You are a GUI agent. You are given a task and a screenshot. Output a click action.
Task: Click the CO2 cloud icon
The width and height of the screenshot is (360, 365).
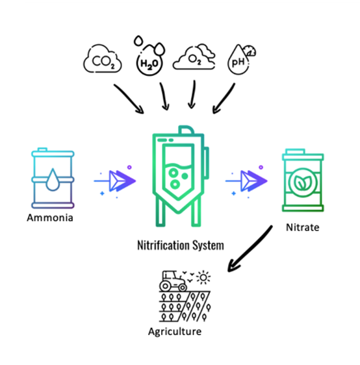[103, 58]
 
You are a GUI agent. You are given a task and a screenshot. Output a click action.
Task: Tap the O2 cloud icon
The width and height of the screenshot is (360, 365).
[194, 57]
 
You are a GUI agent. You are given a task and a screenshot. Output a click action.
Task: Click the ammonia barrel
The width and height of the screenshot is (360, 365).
[53, 178]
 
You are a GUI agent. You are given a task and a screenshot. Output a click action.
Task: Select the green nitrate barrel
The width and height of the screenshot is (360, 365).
[303, 181]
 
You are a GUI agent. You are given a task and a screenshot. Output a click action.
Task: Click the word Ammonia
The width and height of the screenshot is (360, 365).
[50, 218]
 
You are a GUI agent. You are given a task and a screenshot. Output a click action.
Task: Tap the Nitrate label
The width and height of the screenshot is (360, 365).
[302, 227]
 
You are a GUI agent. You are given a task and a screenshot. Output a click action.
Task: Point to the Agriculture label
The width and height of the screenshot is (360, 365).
[175, 332]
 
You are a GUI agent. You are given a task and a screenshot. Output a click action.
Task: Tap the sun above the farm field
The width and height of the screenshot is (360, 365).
[203, 277]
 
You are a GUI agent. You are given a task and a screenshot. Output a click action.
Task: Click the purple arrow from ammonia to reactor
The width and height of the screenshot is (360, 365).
[115, 181]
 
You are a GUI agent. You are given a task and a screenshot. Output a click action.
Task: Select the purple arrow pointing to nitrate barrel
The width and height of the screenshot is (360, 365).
[246, 181]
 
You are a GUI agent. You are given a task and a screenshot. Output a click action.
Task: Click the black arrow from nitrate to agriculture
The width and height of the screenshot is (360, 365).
[250, 249]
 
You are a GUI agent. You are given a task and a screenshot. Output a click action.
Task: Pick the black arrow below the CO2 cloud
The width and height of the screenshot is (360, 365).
[129, 99]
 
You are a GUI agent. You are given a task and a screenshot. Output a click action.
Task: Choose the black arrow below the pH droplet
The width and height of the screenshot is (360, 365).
[224, 98]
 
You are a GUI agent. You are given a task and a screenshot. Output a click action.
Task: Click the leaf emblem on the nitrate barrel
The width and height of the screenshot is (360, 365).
[303, 182]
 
